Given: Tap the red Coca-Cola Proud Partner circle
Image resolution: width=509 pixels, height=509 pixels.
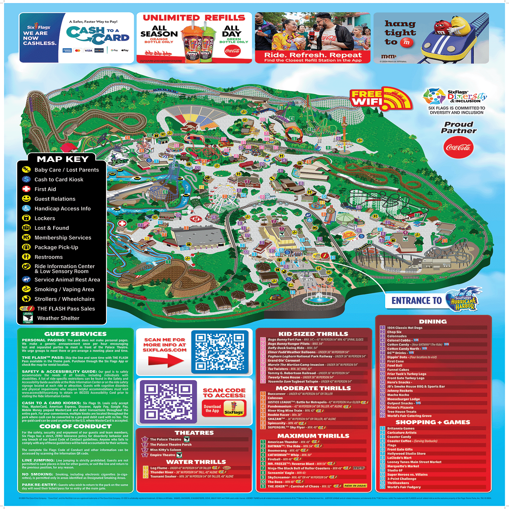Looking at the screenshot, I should click(x=458, y=147).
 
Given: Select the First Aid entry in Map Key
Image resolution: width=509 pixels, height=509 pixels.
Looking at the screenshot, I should click(x=45, y=189).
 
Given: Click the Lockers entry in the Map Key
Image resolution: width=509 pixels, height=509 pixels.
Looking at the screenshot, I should click(x=44, y=218).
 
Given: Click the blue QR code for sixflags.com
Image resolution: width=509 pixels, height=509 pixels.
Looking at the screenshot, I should click(x=220, y=352).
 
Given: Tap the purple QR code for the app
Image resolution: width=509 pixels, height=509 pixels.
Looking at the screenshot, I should click(x=168, y=402).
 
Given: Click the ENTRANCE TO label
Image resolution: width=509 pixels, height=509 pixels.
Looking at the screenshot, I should click(x=416, y=301).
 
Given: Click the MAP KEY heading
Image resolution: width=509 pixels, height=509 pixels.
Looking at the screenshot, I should click(x=63, y=159).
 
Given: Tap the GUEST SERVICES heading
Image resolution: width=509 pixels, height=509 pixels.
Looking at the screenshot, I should click(x=75, y=334).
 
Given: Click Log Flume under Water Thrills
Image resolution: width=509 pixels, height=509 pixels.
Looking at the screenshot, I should click(x=158, y=468).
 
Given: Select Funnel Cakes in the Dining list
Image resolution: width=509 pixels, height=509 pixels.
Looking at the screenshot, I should click(x=398, y=370).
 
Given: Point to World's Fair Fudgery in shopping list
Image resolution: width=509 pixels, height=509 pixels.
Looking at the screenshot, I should click(x=404, y=487).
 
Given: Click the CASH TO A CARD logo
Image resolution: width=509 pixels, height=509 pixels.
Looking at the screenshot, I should click(x=97, y=35).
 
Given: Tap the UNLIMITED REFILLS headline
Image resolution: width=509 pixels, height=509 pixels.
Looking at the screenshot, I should click(x=194, y=18).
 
